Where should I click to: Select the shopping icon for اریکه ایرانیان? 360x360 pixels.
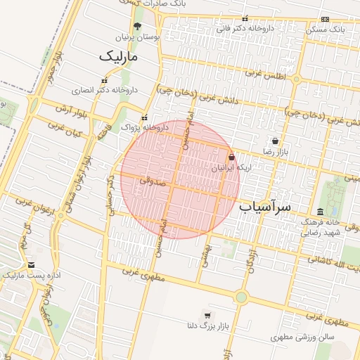232,157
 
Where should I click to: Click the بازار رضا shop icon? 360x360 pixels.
274,141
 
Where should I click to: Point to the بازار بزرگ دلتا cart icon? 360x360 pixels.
207,314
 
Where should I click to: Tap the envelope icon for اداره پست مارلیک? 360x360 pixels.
31,264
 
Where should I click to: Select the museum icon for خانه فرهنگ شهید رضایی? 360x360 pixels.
321,212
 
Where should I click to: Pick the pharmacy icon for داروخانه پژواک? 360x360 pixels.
145,118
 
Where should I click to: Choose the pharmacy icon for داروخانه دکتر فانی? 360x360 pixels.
245,19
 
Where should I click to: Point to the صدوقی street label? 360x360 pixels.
150,180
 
